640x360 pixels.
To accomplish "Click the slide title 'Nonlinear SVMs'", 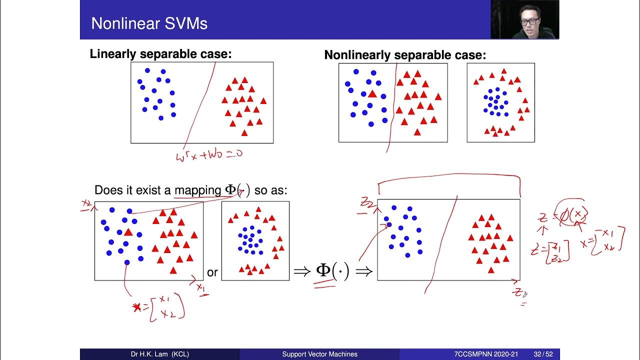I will point(149,23).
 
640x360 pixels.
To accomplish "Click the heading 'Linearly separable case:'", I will point(160,54).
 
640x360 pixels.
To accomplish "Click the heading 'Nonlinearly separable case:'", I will point(405,55).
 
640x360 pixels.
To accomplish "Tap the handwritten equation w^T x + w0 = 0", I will point(209,155).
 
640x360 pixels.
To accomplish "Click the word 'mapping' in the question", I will point(197,190).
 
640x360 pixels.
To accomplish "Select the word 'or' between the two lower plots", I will point(212,272).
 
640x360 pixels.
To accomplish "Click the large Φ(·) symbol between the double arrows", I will point(332,271).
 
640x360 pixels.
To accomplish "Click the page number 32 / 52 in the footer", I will point(543,354).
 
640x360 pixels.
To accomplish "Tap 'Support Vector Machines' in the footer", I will point(320,354).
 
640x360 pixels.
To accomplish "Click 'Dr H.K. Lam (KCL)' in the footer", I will point(160,354).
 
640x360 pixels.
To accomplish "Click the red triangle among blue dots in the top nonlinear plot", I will point(372,93).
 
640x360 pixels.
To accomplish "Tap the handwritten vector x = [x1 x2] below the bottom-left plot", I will point(160,306).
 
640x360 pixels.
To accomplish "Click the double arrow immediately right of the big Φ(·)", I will point(364,271).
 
